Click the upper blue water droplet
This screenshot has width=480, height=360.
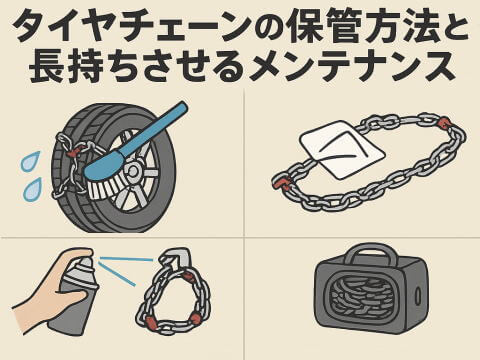point(30,161)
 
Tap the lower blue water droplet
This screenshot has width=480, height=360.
point(32,189)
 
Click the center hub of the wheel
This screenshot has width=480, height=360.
point(133,171)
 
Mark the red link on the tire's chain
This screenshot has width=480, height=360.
point(74,151)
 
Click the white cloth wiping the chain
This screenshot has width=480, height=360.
point(342,149)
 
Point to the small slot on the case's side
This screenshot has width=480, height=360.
point(418,296)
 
